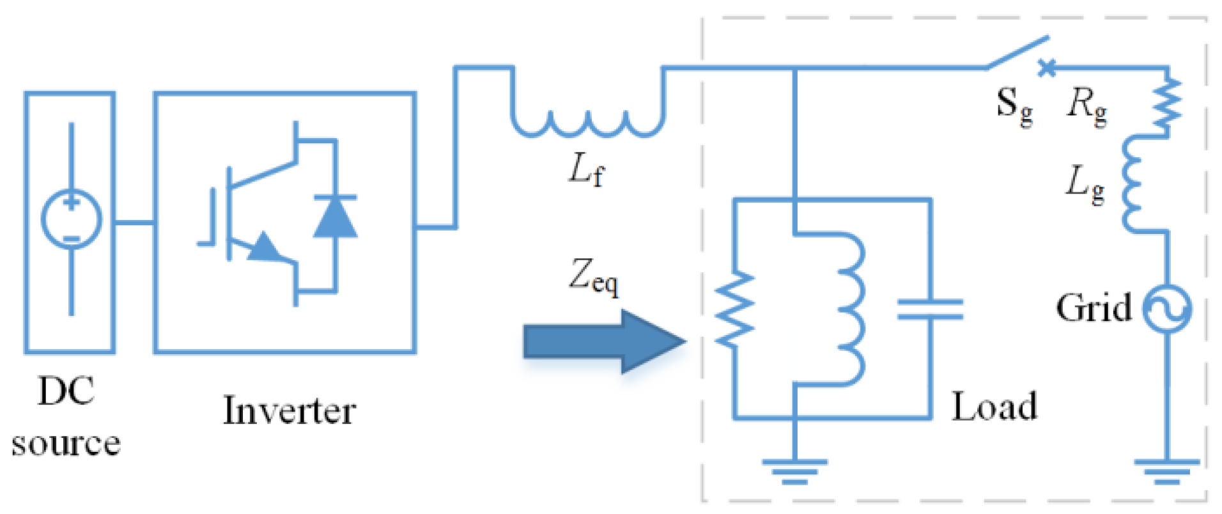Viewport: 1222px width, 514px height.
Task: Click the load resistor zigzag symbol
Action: click(735, 310)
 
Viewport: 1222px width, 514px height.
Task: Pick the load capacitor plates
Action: click(930, 309)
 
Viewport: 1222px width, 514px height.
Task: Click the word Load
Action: click(994, 407)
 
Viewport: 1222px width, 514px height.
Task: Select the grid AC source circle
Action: click(1167, 309)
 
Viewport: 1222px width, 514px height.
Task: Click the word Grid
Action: click(1093, 308)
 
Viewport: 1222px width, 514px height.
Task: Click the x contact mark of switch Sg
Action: click(1046, 67)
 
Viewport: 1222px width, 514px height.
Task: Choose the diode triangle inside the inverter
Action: click(335, 217)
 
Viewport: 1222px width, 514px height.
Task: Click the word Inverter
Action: click(289, 410)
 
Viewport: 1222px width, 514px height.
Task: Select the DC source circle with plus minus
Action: click(71, 219)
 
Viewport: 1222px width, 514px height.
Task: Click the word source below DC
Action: click(66, 444)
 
